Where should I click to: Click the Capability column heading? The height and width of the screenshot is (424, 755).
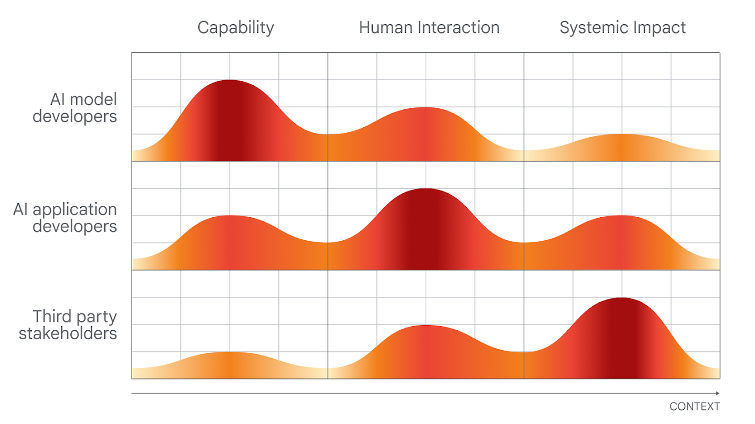[x=235, y=27]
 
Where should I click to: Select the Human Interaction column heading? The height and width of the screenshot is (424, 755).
[x=429, y=27]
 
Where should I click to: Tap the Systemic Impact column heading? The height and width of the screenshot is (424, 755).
[x=622, y=27]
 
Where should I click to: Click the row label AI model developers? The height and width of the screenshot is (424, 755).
[x=75, y=107]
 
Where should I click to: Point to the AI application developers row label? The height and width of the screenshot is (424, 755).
[x=65, y=217]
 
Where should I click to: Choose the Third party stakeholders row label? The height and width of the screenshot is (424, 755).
[x=68, y=325]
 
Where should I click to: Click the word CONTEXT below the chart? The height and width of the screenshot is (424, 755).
[x=694, y=407]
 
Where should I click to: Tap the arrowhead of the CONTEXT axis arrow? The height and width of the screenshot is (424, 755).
[x=717, y=393]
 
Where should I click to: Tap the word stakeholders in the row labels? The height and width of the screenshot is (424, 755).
[x=68, y=333]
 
